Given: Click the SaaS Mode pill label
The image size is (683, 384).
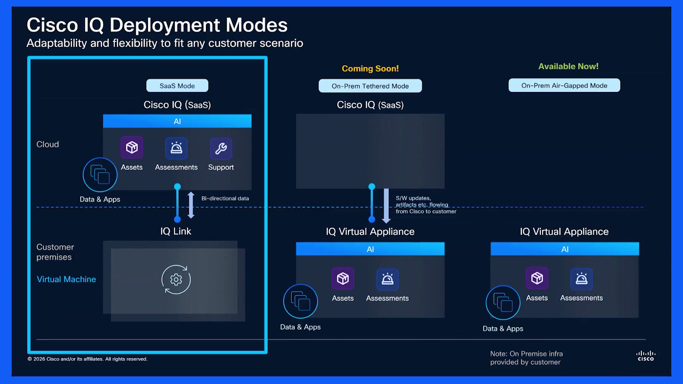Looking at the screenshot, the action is [x=177, y=86].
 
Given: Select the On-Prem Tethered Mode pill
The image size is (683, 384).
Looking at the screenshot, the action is [x=370, y=86].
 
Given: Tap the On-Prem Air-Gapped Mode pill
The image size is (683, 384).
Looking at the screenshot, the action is [x=564, y=85].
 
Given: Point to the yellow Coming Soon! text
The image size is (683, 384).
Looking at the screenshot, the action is [x=370, y=68].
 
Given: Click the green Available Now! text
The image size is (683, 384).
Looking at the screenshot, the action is [x=568, y=66].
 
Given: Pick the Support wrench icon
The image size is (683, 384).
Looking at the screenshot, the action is [x=221, y=148].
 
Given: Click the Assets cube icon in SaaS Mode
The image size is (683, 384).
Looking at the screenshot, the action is [x=132, y=147].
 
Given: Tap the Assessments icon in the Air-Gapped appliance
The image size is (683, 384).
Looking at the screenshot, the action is [x=582, y=278].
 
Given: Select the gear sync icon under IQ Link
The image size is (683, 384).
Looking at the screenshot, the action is [x=176, y=279].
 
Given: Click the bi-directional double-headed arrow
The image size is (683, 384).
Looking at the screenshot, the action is [x=191, y=205].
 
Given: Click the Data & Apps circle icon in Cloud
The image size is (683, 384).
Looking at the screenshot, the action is [x=100, y=175].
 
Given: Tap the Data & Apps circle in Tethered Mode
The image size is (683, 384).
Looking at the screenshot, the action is [x=301, y=302].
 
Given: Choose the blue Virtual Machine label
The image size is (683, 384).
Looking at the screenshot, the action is [x=67, y=279].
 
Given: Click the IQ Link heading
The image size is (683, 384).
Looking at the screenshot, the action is [x=176, y=231].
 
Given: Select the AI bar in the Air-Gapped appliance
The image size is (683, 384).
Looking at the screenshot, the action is [x=565, y=249].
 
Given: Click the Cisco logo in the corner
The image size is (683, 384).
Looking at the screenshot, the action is [x=646, y=356].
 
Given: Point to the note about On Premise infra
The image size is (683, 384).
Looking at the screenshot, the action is [x=526, y=358].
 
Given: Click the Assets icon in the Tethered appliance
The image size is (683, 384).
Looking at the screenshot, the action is [x=343, y=278].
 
